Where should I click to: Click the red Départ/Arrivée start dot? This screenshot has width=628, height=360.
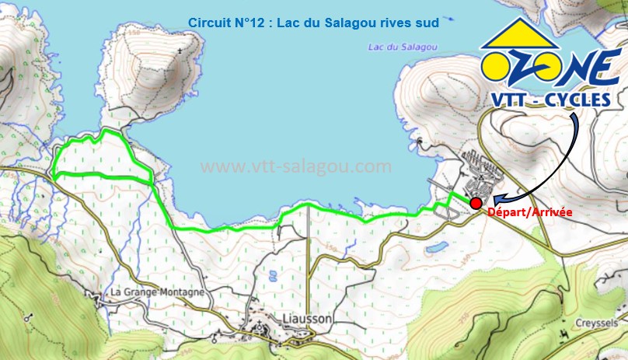[x=475, y=202]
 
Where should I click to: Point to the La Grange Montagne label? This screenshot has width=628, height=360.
[x=158, y=292]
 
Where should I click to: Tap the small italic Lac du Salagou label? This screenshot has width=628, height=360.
[x=402, y=47]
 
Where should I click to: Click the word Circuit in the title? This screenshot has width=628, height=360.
[x=210, y=23]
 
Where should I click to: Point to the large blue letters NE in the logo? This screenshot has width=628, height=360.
[x=590, y=67]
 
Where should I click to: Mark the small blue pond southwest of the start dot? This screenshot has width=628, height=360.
[x=436, y=246]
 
